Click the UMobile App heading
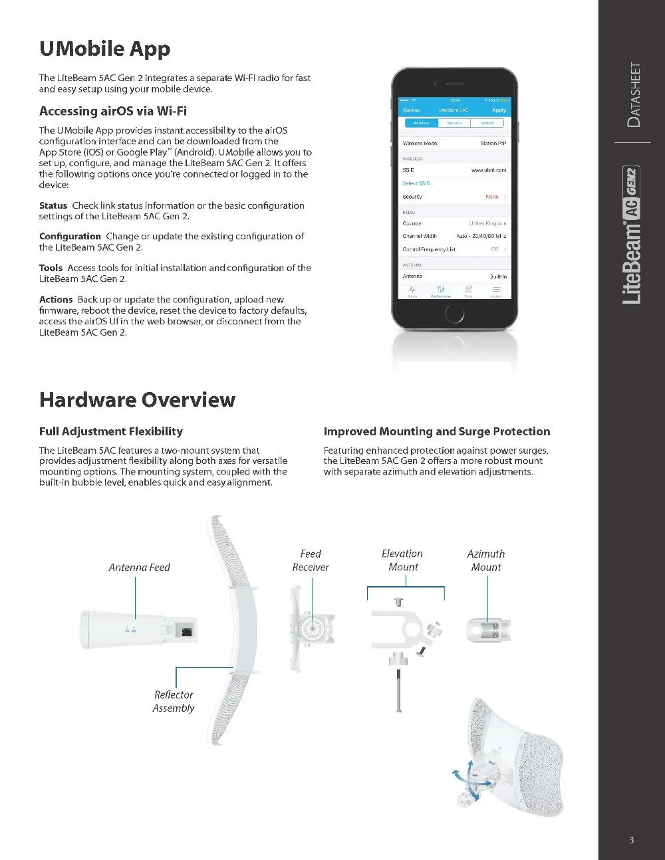pos(104,49)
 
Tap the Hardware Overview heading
pos(137,400)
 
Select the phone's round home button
pos(455,313)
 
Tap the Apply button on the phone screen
pos(499,110)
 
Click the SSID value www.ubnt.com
pos(489,170)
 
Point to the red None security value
pos(491,197)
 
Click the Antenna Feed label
pos(139,568)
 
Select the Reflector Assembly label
pos(174,701)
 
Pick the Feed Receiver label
pos(311,560)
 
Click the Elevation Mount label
pos(402,560)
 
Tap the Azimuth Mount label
pos(486,560)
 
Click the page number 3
pos(631,840)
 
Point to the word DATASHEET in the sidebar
pos(635,95)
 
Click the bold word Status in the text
pos(53,206)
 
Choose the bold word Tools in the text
pos(51,269)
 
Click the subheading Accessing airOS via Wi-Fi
pos(113,111)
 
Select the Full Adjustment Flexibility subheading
pos(110,432)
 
